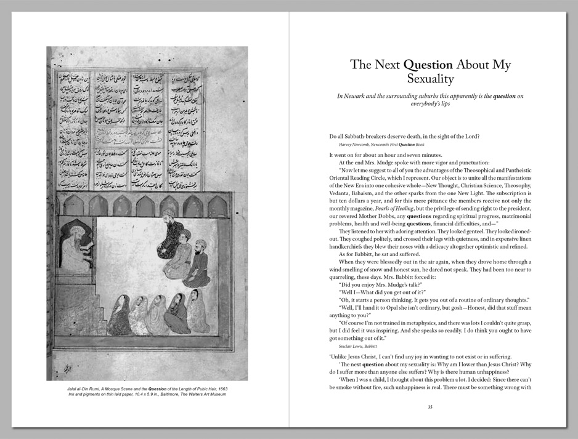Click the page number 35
430,406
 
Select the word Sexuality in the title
430,79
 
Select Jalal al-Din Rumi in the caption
90,389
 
